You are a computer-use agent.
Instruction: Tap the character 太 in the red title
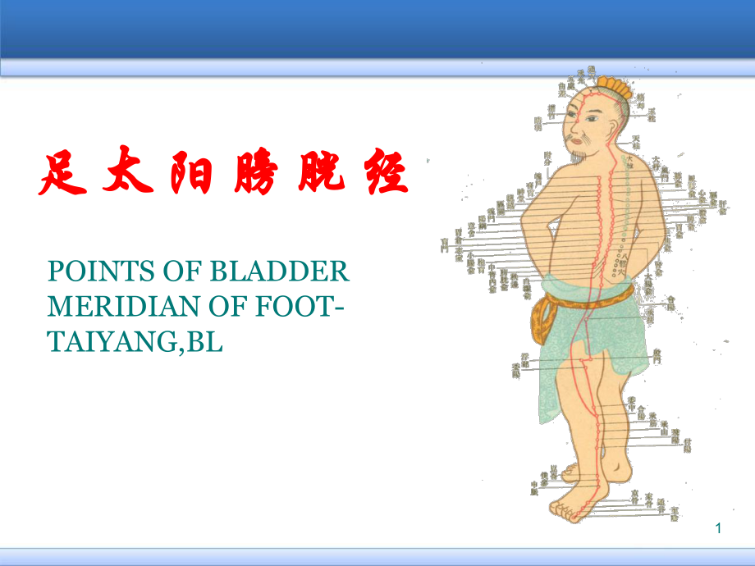(128, 171)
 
